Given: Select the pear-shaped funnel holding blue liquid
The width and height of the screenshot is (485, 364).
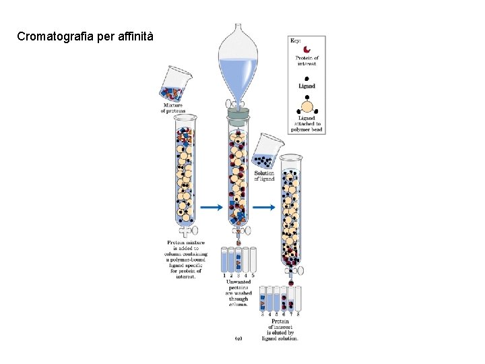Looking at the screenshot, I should [237, 64].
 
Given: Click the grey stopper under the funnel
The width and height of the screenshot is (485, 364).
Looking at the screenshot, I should [237, 115].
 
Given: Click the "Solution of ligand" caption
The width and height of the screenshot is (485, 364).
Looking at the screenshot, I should [264, 176].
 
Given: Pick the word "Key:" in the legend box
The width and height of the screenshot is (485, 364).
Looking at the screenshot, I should [296, 40].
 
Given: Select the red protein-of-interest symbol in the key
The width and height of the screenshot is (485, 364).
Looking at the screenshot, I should [307, 49].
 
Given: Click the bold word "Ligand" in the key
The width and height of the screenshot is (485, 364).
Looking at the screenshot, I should [307, 86].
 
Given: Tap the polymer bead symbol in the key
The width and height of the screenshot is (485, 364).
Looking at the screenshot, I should [307, 104].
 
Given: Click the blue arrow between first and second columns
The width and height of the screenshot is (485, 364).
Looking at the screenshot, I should [210, 207].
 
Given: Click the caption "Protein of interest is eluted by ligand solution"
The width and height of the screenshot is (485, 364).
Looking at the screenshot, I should [280, 330].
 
